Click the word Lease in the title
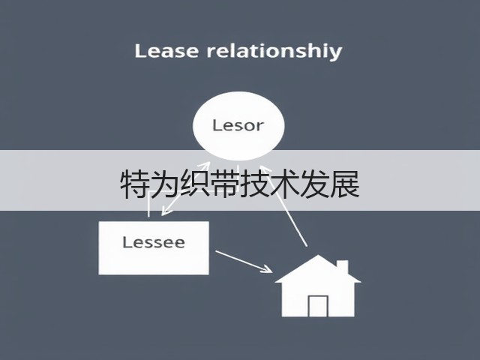(x=166, y=51)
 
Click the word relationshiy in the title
(x=274, y=52)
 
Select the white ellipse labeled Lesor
(x=238, y=126)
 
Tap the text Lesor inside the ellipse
(x=238, y=125)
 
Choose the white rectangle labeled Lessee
(x=154, y=248)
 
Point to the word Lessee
(x=154, y=242)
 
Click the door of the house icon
(x=318, y=306)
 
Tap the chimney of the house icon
(x=343, y=267)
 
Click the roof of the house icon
(x=318, y=268)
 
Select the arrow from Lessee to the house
(x=244, y=261)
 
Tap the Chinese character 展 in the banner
(x=344, y=184)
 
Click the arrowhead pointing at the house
(x=267, y=268)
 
